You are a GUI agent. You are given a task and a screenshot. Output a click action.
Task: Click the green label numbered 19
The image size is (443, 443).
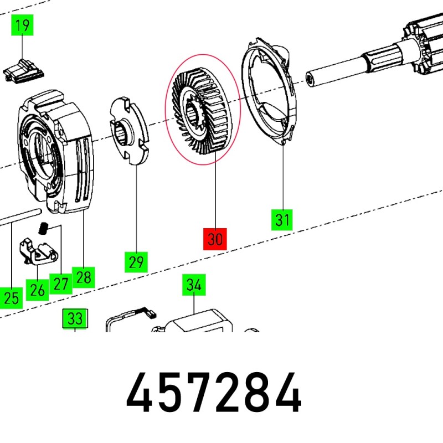pos(22,25)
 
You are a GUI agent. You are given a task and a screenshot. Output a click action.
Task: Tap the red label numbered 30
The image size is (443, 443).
pos(215,239)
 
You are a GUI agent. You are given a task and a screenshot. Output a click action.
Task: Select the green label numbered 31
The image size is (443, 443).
pos(282,220)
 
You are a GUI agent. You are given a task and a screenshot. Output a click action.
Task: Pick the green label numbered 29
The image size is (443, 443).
pos(136,262)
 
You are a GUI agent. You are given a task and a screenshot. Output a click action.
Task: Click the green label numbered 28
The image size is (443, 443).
pos(84,277)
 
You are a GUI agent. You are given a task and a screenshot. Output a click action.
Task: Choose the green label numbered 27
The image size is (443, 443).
pos(61,284)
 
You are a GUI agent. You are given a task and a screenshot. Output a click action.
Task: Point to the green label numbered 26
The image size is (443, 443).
pos(37,290)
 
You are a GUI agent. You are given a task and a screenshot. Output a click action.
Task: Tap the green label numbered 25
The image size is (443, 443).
pos(11,298)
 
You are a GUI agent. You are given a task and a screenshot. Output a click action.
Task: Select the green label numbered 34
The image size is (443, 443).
pos(194,285)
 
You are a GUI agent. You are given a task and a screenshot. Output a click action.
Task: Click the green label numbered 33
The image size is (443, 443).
pos(75,318)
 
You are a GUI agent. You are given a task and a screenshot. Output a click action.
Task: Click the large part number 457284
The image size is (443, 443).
pos(214,393)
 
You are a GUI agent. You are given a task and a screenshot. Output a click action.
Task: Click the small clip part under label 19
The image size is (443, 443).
pos(23,71)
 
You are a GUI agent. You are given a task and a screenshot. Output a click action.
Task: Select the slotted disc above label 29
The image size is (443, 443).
pos(129,131)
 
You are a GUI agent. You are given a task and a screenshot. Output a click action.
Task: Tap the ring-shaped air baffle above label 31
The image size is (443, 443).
pos(269,91)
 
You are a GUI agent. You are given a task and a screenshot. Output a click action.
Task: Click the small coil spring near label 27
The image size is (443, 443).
pos(43,228)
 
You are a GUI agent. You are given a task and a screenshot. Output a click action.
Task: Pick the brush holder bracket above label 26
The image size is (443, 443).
pos(38,251)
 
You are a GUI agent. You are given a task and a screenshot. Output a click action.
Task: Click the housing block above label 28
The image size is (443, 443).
pos(56,152)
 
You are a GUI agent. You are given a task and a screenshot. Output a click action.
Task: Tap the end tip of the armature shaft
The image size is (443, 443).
pos(310,79)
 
